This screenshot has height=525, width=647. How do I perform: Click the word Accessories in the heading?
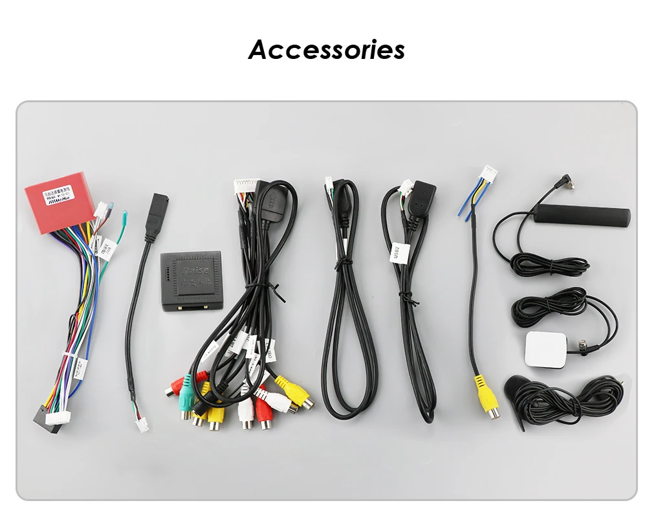pos(326,49)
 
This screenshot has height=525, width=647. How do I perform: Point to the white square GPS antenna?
pos(547,350)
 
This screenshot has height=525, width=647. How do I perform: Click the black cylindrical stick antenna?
pos(585,214)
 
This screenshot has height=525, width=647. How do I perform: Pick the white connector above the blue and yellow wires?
pos(488,174)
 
